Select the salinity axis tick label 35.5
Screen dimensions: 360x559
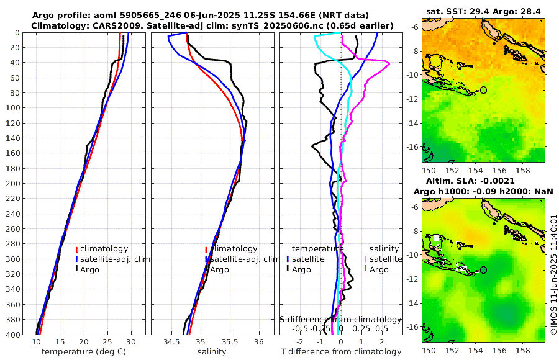click(230, 342)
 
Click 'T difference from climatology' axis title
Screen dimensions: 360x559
click(341, 352)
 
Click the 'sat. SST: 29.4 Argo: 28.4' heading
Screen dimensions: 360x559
click(483, 11)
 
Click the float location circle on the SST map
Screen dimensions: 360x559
click(484, 90)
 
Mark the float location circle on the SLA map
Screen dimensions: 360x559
click(484, 270)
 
